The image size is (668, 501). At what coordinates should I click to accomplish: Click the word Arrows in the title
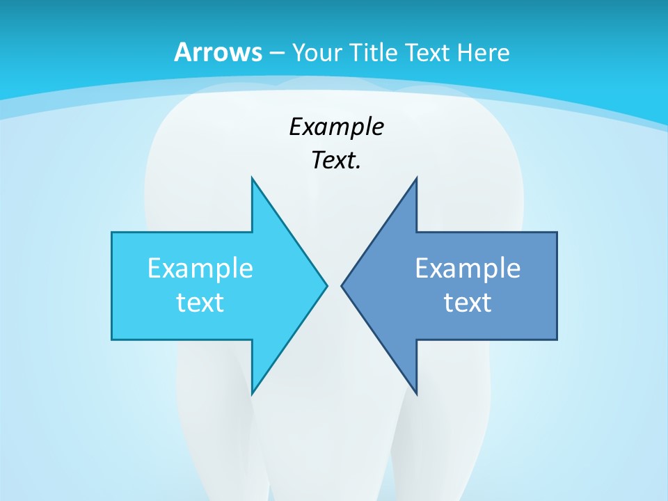[218, 52]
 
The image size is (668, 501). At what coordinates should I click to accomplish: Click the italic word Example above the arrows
[336, 127]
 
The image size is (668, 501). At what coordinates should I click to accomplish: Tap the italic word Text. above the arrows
[336, 161]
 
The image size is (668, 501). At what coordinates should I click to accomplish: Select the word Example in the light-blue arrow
[200, 269]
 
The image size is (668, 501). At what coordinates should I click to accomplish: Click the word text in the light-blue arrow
[200, 303]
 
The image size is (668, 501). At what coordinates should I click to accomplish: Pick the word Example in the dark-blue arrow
[468, 269]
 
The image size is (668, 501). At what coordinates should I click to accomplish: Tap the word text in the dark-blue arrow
[468, 303]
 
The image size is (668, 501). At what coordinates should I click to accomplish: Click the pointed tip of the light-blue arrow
[327, 285]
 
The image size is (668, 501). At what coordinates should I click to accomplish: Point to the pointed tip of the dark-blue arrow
[342, 285]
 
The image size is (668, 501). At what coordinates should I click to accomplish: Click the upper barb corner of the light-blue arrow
[252, 177]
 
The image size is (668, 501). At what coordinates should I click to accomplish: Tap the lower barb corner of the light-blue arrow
[252, 394]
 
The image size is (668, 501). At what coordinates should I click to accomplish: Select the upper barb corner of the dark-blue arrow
[416, 177]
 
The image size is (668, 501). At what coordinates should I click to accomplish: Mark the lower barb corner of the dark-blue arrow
[416, 394]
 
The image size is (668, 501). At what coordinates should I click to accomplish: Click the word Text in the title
[430, 53]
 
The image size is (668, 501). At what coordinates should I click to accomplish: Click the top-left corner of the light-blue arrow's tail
[112, 232]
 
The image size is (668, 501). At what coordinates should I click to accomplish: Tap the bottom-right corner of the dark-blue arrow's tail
[557, 339]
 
